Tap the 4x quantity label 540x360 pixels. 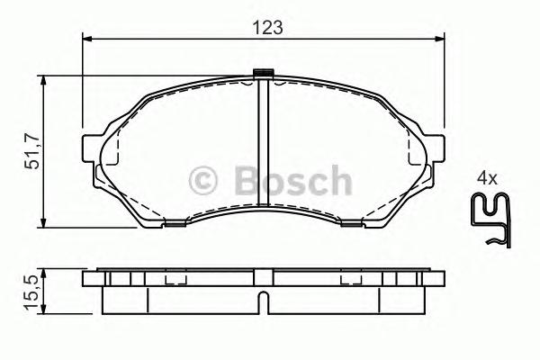(487, 178)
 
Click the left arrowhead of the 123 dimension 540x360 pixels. (87, 39)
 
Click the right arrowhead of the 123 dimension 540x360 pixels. (441, 39)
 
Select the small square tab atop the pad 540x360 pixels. (264, 74)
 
